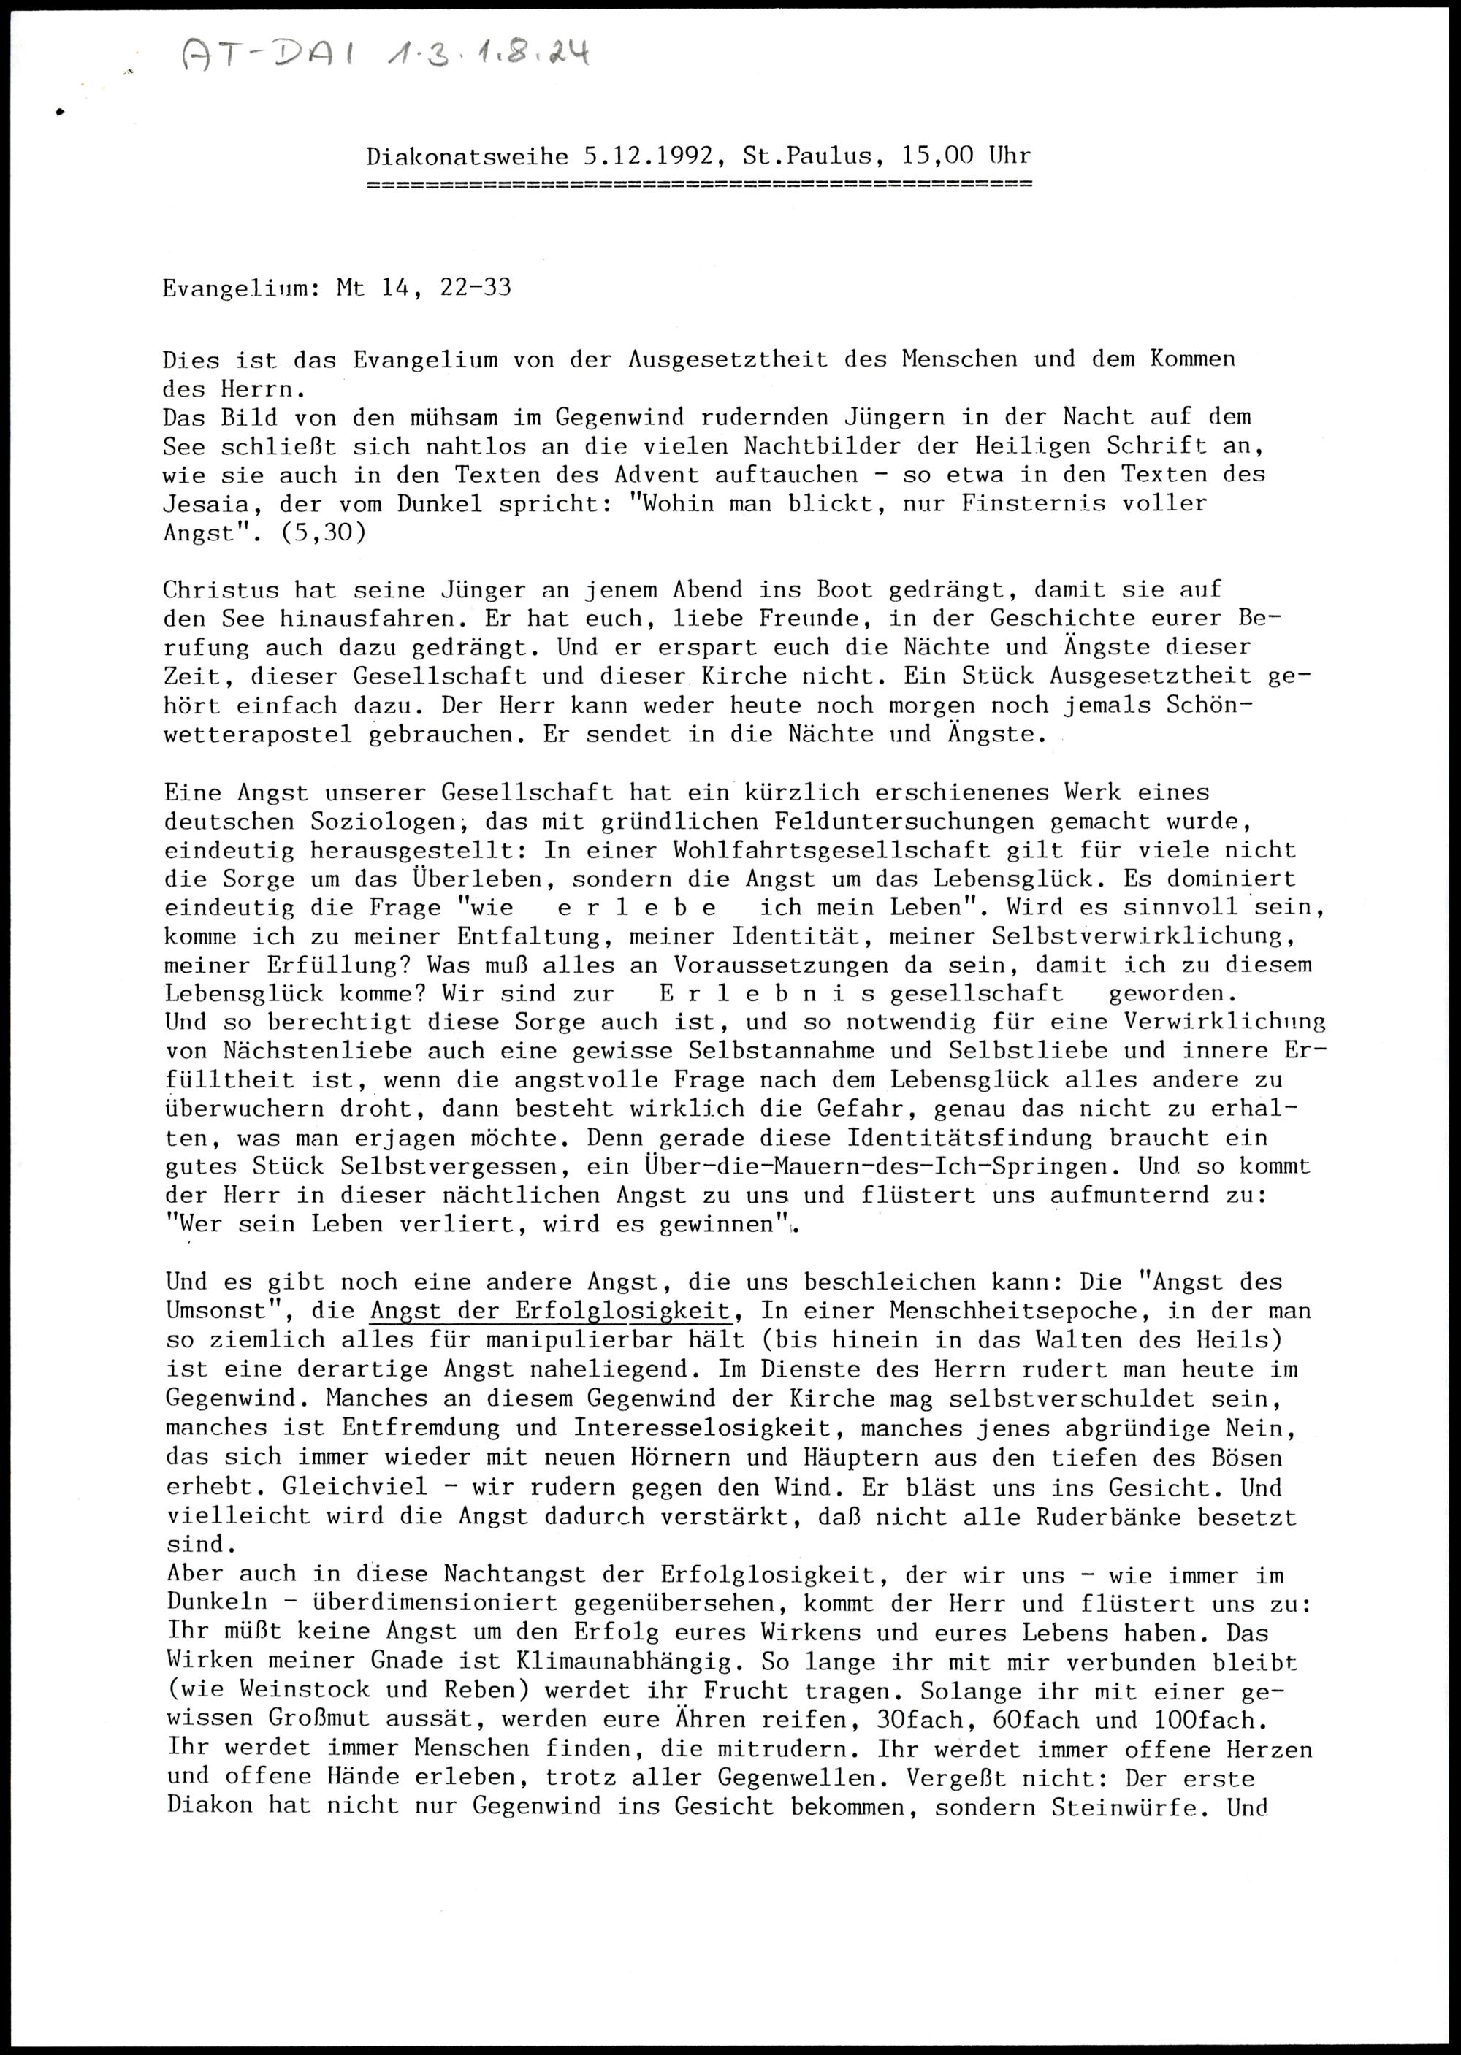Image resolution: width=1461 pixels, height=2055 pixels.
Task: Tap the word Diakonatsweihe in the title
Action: [x=467, y=156]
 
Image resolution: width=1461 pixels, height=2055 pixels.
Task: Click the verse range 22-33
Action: [x=475, y=288]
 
